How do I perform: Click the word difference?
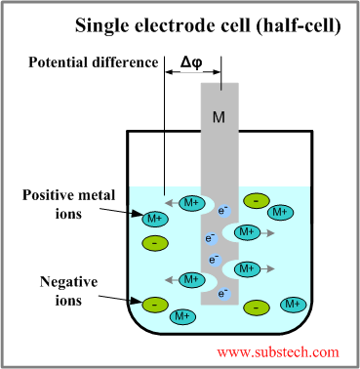[x=128, y=63]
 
